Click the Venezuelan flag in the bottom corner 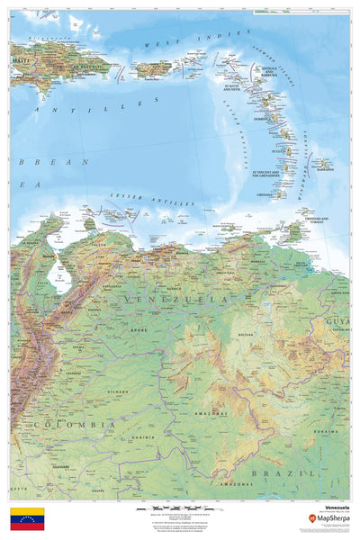[27, 519]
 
